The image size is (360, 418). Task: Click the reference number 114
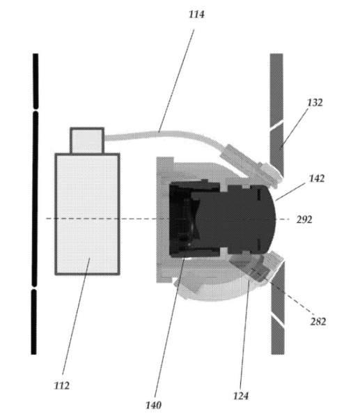(x=196, y=15)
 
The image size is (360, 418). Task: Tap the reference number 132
(x=315, y=102)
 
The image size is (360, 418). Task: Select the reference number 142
(x=317, y=178)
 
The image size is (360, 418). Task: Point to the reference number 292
(x=304, y=219)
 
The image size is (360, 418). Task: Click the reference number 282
(x=318, y=321)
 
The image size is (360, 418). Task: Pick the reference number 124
(x=241, y=396)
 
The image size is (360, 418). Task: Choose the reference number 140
(x=153, y=405)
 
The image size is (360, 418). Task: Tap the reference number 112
(x=62, y=385)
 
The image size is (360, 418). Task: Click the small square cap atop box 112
(x=87, y=141)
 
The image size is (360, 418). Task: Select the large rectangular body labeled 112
(x=88, y=214)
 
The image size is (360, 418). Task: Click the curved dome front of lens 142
(x=270, y=219)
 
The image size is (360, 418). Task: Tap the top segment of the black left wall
(x=36, y=81)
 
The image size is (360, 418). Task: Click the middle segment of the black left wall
(x=35, y=199)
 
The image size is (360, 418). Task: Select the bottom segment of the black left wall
(x=33, y=322)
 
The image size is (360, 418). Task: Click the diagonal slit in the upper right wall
(x=276, y=125)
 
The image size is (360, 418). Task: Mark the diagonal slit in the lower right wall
(x=278, y=319)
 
